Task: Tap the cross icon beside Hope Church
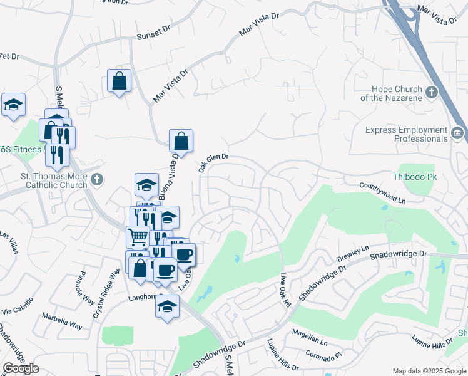pyautogui.click(x=431, y=93)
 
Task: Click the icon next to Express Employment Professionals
pyautogui.click(x=457, y=133)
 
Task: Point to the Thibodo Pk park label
pyautogui.click(x=414, y=177)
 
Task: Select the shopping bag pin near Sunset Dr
pyautogui.click(x=119, y=81)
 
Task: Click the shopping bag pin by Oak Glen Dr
pyautogui.click(x=181, y=142)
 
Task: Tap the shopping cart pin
pyautogui.click(x=138, y=237)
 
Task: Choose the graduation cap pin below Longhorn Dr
pyautogui.click(x=167, y=307)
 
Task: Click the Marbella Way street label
pyautogui.click(x=62, y=320)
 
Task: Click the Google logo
pyautogui.click(x=21, y=368)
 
